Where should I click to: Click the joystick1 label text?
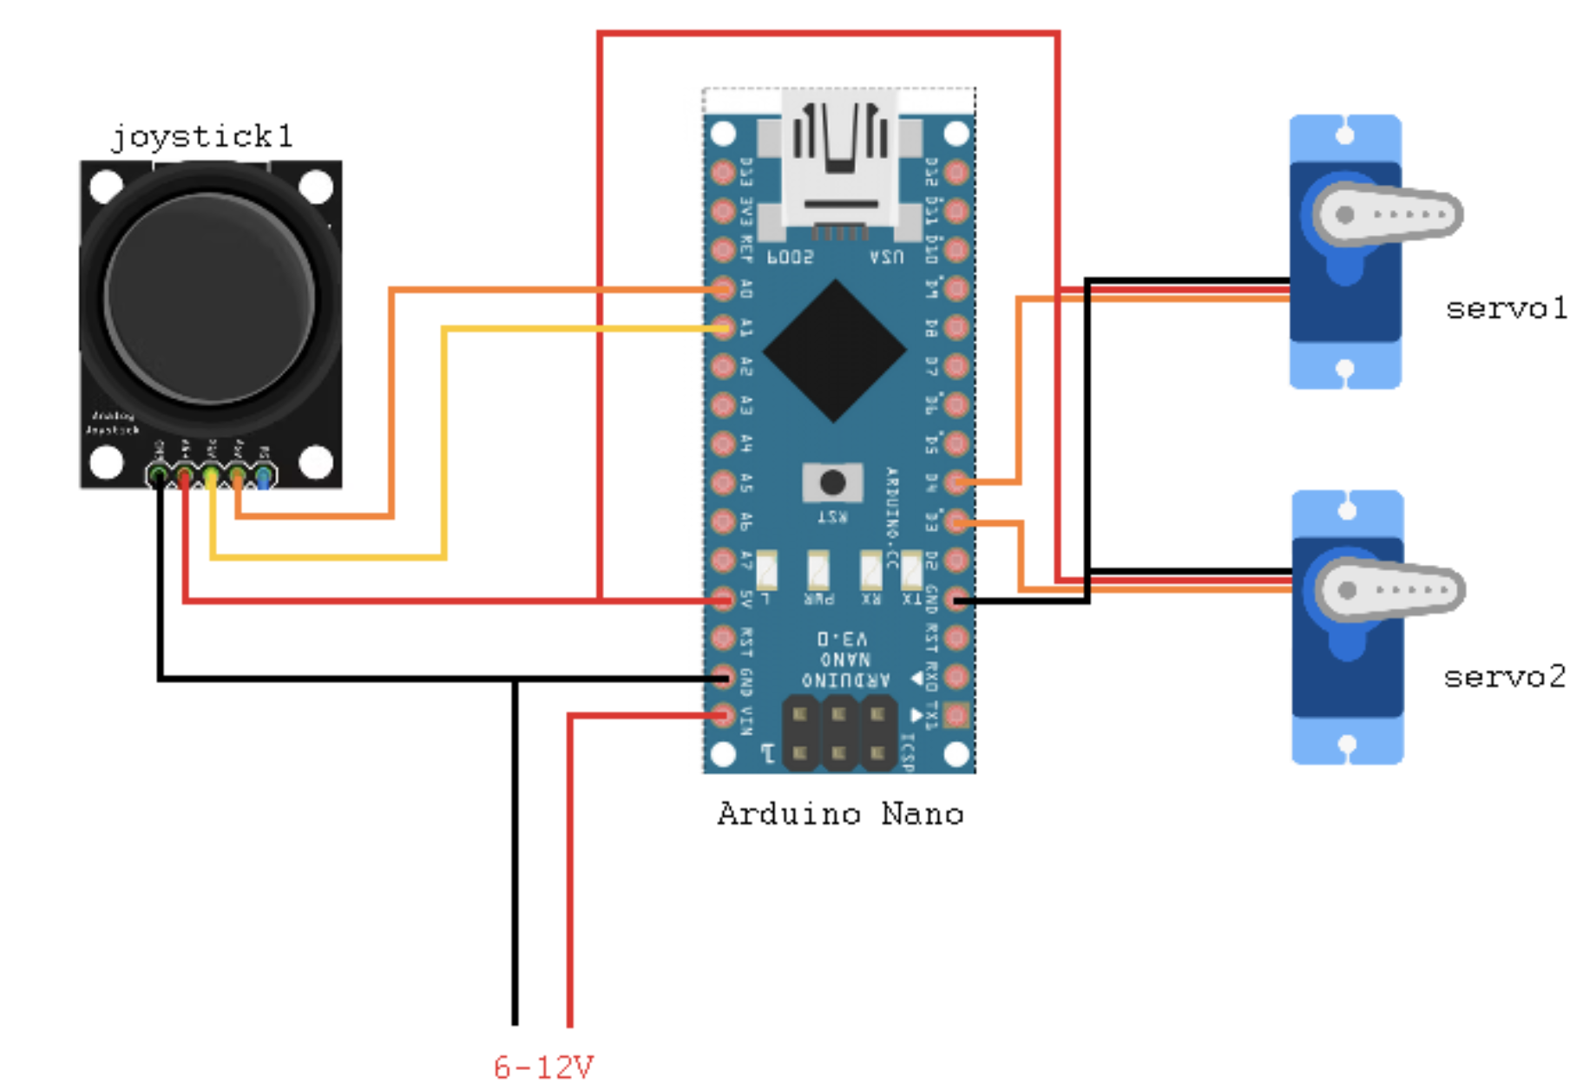click(x=201, y=137)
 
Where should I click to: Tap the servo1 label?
click(x=1506, y=309)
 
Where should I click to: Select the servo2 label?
click(x=1505, y=677)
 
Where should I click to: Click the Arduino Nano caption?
click(x=840, y=814)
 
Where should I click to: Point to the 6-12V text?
click(x=543, y=1067)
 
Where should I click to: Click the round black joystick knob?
click(x=209, y=298)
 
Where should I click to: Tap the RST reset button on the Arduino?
click(x=832, y=483)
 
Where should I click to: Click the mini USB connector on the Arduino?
click(x=839, y=165)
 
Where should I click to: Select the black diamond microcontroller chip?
click(x=835, y=351)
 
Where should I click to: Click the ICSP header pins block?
click(x=838, y=734)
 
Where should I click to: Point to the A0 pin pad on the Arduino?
click(x=723, y=289)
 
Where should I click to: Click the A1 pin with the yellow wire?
click(x=723, y=328)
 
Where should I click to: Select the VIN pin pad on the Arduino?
click(x=723, y=715)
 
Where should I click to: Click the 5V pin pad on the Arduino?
click(x=723, y=599)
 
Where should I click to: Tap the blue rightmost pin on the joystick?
click(x=263, y=476)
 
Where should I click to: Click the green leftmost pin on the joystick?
click(x=158, y=476)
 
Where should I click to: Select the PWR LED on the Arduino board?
click(x=818, y=571)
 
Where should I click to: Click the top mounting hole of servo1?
click(x=1344, y=135)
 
